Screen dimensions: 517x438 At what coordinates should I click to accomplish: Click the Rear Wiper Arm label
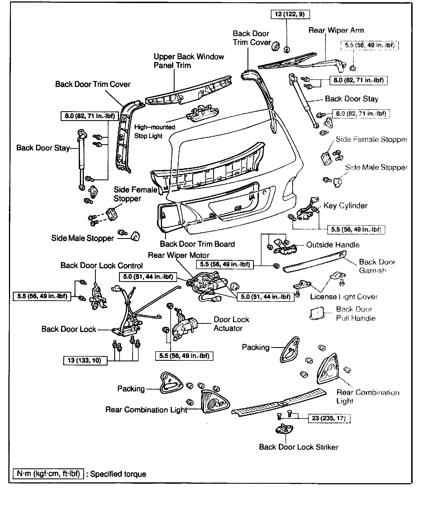coord(336,30)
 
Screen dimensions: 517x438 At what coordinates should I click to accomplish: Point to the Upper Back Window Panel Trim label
coord(189,61)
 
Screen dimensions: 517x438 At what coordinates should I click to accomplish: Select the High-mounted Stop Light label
coord(154,131)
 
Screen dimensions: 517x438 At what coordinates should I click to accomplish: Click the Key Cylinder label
coord(345,206)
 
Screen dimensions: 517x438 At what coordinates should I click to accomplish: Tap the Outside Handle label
coord(333,245)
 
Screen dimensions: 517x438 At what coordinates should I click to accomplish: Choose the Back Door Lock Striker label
coord(298,447)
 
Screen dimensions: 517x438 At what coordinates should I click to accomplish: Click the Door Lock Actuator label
coord(231,324)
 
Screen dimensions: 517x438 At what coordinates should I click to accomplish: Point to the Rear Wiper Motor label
coord(178,255)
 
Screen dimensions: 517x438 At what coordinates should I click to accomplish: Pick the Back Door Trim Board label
coord(197,244)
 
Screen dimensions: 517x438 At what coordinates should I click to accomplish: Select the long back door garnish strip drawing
coord(314,261)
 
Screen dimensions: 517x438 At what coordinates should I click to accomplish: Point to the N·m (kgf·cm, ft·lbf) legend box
coord(48,474)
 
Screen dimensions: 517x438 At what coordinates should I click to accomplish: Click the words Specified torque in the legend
coord(118,474)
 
